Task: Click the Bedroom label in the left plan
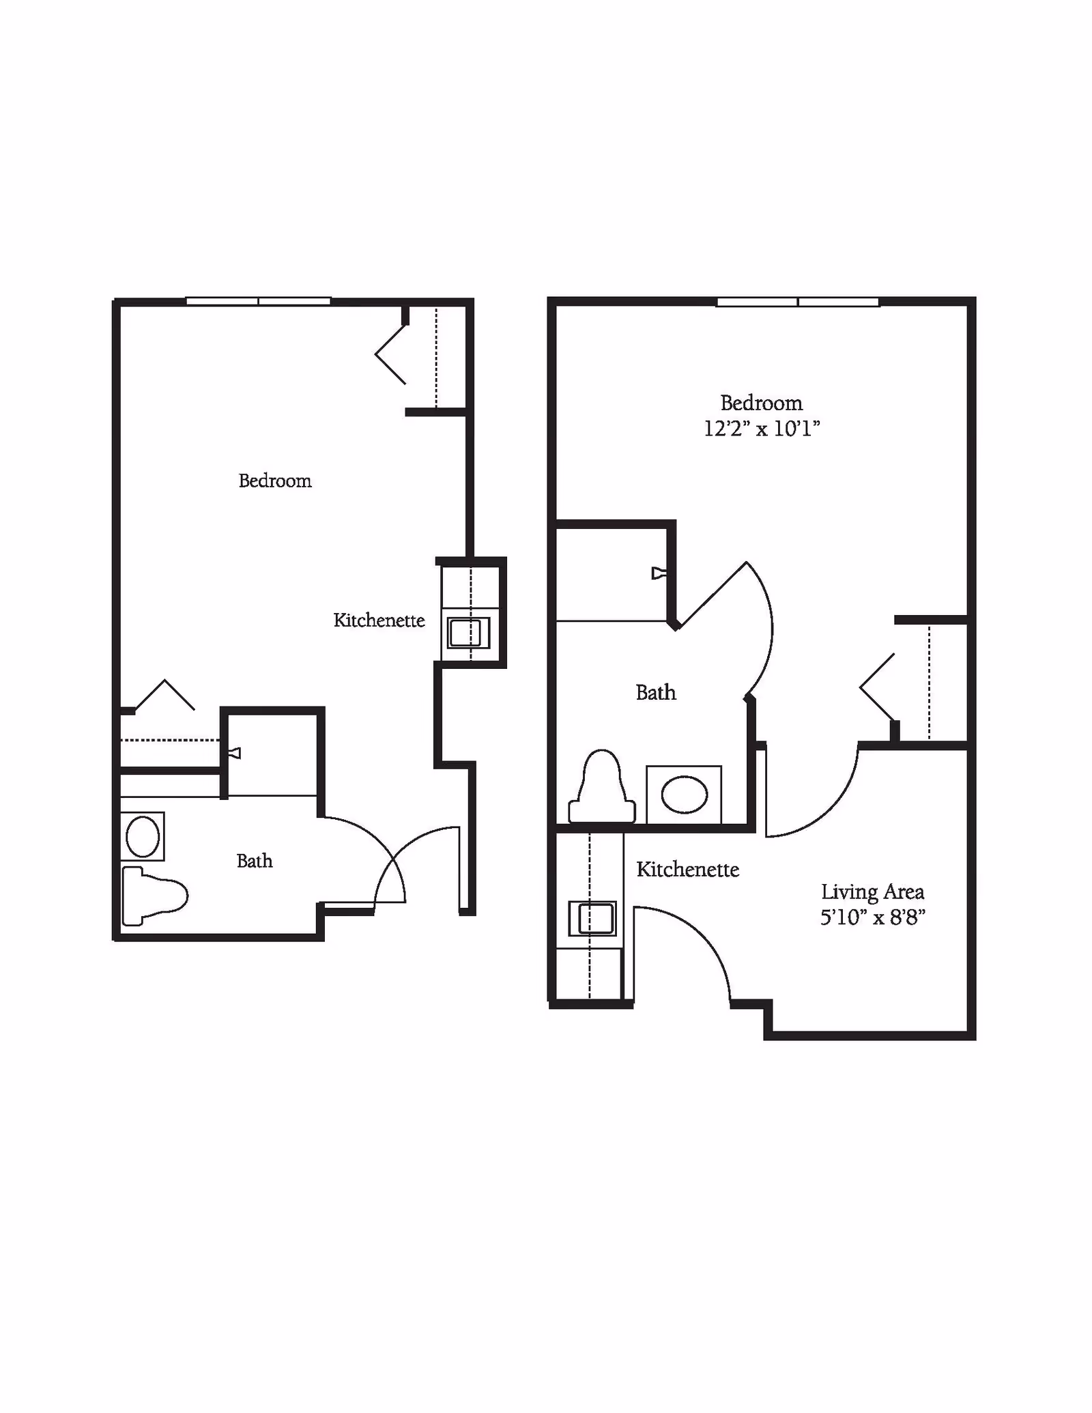point(275,481)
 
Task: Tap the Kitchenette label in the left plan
point(379,620)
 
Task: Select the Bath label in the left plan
point(255,861)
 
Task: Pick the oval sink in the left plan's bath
point(143,837)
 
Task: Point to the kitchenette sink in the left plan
point(468,633)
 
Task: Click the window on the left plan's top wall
point(259,301)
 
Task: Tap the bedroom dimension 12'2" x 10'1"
point(762,429)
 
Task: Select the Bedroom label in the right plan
point(762,403)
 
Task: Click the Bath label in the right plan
point(656,693)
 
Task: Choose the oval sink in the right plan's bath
point(685,795)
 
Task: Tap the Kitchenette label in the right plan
point(688,870)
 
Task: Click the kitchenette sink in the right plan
point(593,918)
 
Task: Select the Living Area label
point(872,892)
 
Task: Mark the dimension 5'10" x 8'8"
point(872,917)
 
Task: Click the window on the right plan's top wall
point(797,302)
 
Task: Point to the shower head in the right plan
point(658,573)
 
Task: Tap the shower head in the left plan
point(235,754)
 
